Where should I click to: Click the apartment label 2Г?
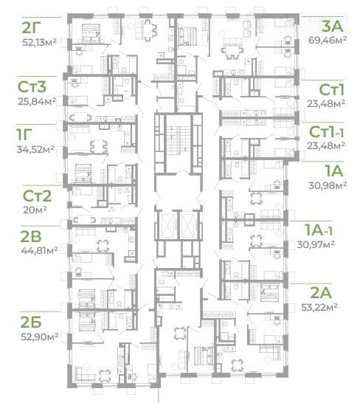coord(31,28)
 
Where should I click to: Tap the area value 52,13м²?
coord(40,42)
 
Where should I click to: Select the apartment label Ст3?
coord(32,87)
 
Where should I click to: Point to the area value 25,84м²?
coord(37,101)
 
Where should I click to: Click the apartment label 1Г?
coord(24,134)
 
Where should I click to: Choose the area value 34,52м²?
coord(35,149)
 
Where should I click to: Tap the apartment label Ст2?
coord(37,196)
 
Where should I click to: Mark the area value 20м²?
coord(35,210)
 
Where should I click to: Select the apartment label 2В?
coord(31,236)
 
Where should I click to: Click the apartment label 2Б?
coord(31,323)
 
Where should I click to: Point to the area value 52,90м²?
coord(40,337)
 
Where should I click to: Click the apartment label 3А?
coord(333,27)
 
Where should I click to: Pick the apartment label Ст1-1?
coord(326,132)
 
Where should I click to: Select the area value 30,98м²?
coord(328,185)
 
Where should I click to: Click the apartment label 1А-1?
coord(318,230)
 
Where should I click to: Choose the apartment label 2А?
coord(321,293)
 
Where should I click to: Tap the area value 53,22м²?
coord(319,307)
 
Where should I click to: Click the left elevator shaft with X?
coord(167,225)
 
